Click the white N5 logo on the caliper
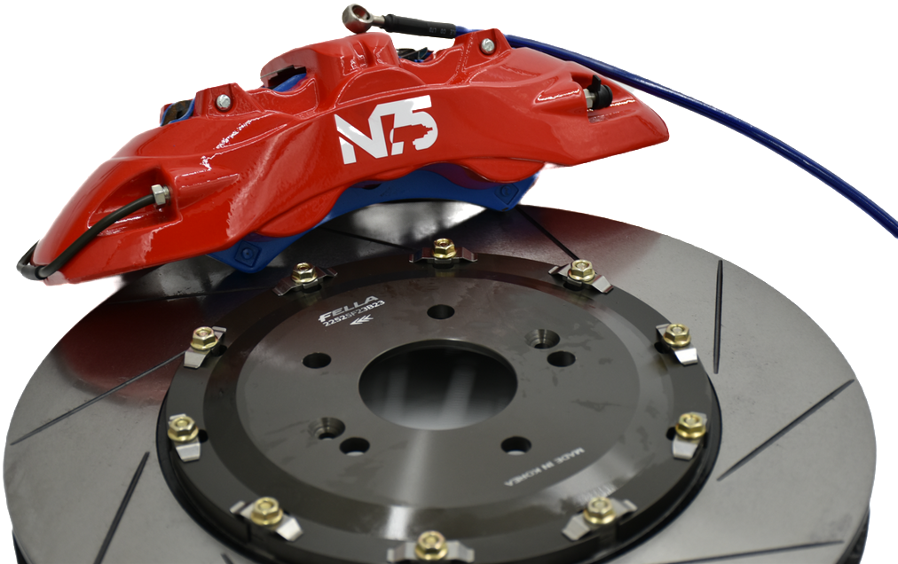[385, 129]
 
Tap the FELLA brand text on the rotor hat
[357, 305]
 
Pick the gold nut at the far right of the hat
[690, 426]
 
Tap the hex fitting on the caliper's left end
[161, 192]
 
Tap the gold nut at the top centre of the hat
[444, 248]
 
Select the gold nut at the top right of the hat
[581, 270]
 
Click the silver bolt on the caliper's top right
[487, 43]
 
